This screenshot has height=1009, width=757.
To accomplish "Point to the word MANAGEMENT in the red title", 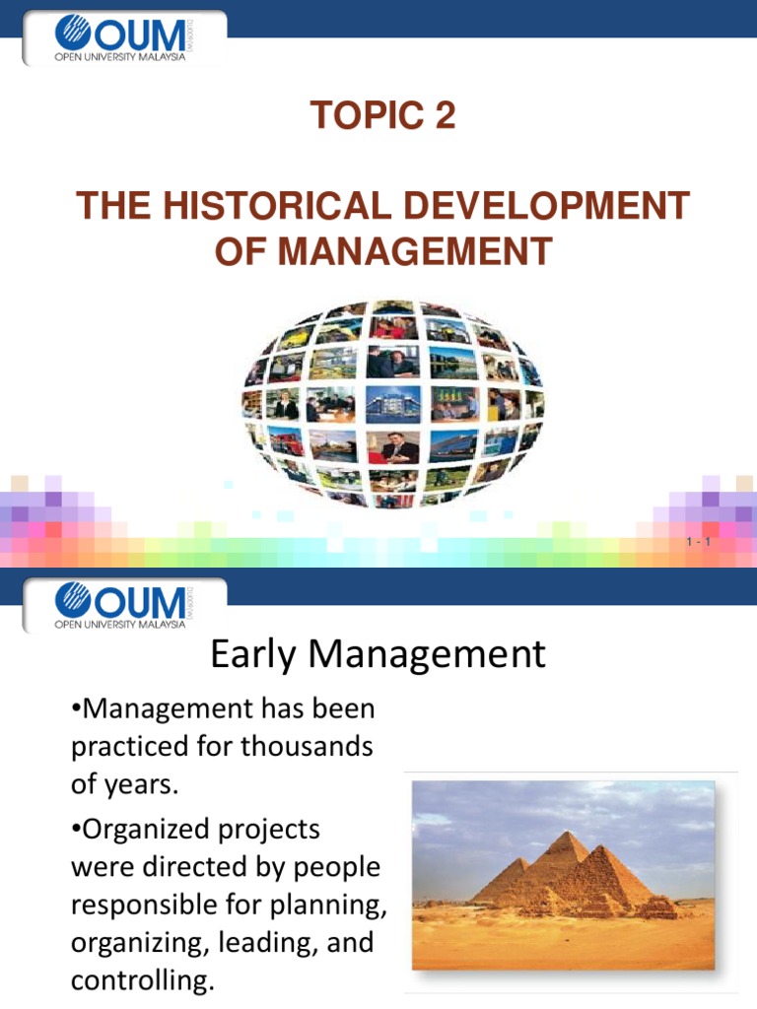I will (x=413, y=251).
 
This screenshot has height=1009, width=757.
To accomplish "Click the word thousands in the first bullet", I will (x=315, y=747).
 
